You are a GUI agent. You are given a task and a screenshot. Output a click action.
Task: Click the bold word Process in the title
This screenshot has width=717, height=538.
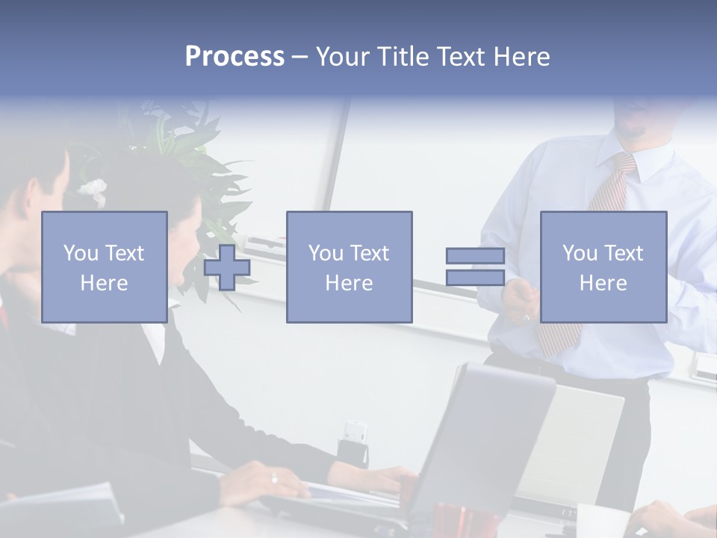click(235, 57)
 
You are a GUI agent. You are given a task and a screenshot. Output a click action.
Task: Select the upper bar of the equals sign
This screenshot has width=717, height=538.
click(475, 256)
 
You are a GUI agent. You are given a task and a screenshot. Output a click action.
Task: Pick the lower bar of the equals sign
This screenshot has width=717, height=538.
click(475, 278)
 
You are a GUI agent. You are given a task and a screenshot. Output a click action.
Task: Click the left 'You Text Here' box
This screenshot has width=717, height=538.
click(104, 267)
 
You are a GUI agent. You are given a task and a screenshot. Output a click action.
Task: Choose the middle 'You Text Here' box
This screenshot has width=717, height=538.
click(349, 267)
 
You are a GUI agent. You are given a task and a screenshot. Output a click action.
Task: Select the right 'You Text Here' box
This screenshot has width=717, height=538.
click(603, 267)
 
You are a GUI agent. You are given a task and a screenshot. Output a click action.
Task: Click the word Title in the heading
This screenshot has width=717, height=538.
click(406, 57)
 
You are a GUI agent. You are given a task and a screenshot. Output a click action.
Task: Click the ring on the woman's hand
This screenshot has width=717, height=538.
click(274, 478)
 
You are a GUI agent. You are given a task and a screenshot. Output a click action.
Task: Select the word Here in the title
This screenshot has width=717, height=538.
click(521, 57)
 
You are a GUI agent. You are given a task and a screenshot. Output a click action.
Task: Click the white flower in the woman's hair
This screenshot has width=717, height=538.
click(93, 190)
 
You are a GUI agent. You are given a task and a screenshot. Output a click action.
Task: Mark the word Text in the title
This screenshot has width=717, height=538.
click(462, 57)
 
